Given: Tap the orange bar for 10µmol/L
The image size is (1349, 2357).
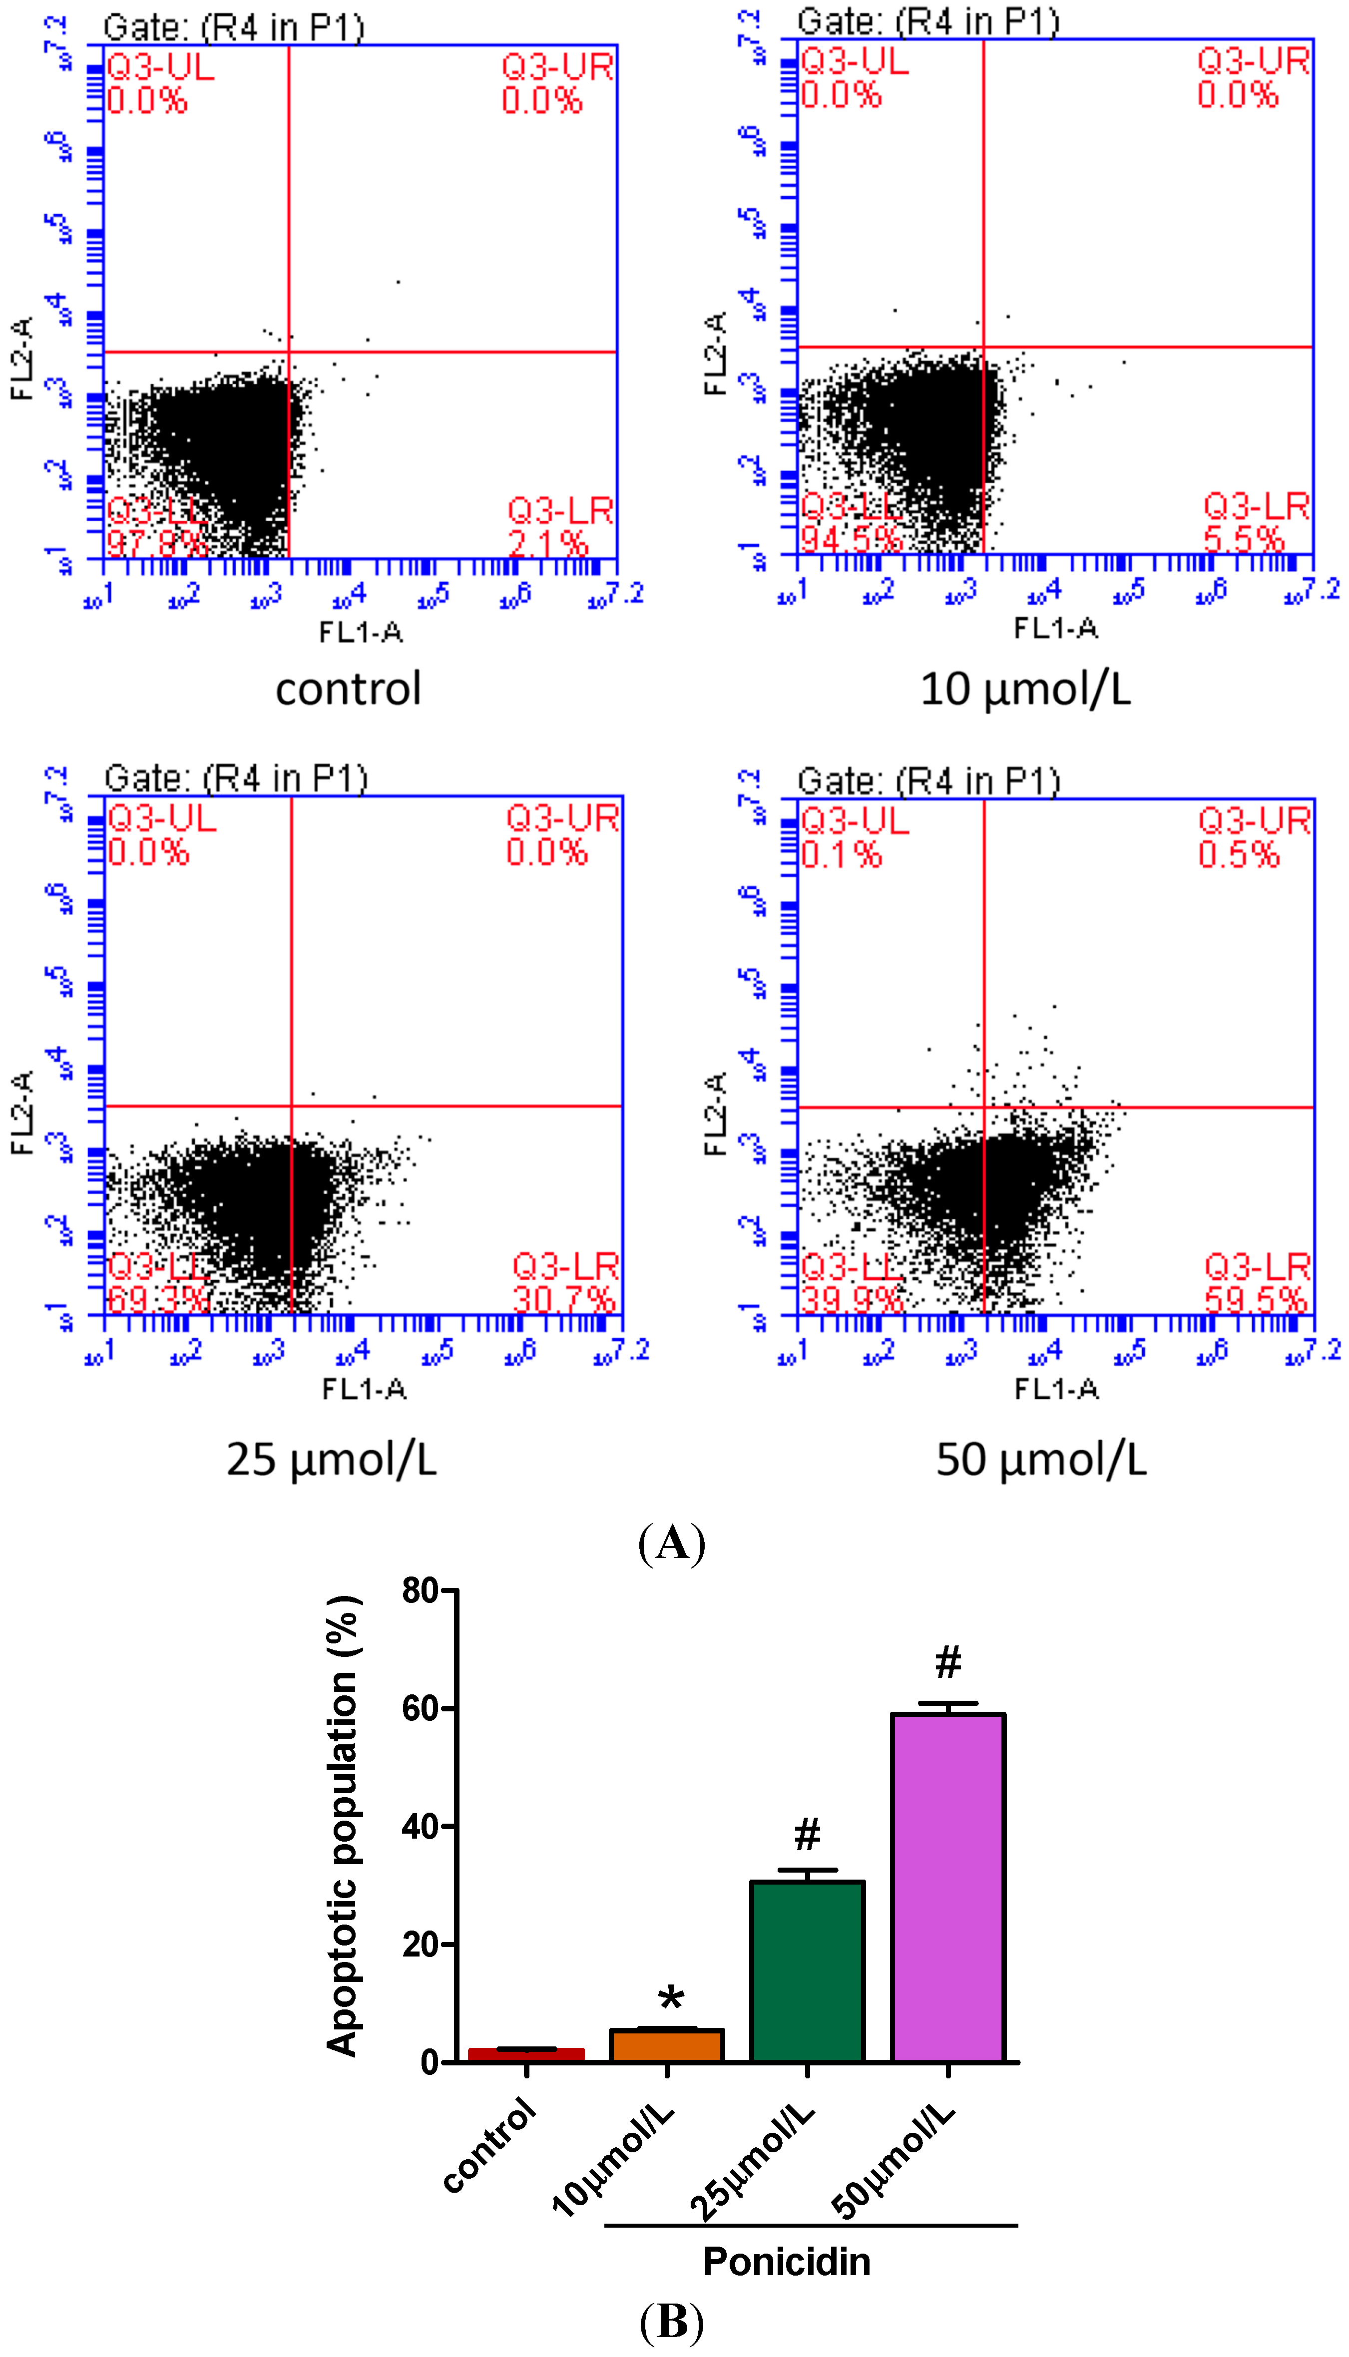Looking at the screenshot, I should click(666, 2045).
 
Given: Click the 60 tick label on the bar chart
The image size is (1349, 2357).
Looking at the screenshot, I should click(420, 1709).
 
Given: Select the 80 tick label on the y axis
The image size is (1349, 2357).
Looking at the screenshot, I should click(420, 1591).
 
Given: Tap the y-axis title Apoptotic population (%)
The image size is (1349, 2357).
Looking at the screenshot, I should click(342, 1825).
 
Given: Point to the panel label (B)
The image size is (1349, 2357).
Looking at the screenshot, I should click(672, 2322).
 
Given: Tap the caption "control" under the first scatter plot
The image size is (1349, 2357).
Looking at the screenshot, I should click(349, 689).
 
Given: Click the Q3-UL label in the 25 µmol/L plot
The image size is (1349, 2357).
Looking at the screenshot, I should click(162, 818).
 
